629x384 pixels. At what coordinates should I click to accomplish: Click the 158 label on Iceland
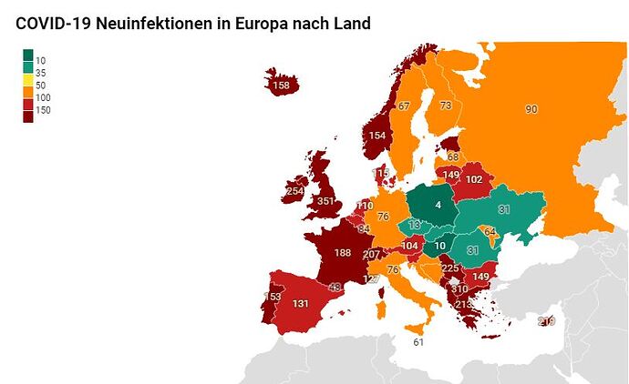pyautogui.click(x=282, y=86)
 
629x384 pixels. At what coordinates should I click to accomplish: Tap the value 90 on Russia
pyautogui.click(x=531, y=109)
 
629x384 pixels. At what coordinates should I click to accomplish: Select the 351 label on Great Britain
pyautogui.click(x=326, y=201)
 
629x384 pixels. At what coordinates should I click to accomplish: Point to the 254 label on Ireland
pyautogui.click(x=294, y=191)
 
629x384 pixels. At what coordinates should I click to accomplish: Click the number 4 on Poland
pyautogui.click(x=438, y=205)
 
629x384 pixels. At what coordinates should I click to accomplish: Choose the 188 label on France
pyautogui.click(x=343, y=252)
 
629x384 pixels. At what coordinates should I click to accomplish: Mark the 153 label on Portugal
pyautogui.click(x=272, y=297)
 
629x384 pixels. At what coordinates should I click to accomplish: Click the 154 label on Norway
pyautogui.click(x=376, y=136)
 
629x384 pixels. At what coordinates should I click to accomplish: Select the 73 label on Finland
pyautogui.click(x=446, y=106)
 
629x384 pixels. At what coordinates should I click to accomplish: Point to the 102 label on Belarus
pyautogui.click(x=474, y=180)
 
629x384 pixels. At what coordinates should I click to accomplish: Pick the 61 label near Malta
pyautogui.click(x=418, y=342)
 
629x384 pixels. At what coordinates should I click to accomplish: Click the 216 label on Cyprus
pyautogui.click(x=546, y=321)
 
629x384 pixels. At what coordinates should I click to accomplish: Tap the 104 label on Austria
pyautogui.click(x=410, y=246)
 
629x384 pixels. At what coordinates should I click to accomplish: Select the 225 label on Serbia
pyautogui.click(x=449, y=268)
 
